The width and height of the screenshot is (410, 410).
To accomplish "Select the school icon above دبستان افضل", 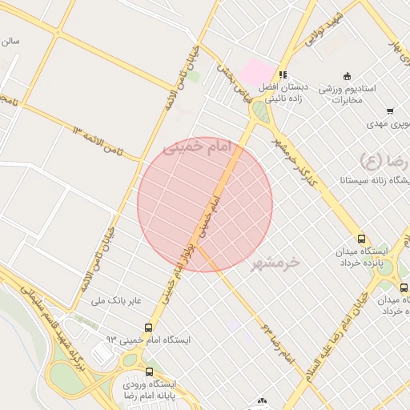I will coord(283,74).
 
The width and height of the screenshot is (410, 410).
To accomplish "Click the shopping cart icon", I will coord(390,111).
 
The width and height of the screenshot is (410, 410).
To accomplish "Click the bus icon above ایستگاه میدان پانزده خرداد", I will coord(362,239).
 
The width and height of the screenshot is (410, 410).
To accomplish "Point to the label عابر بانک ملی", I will coord(119,300).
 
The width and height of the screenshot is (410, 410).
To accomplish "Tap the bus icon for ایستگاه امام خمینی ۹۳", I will coord(149,328).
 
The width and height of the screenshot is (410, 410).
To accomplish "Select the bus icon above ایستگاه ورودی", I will coord(150,371).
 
